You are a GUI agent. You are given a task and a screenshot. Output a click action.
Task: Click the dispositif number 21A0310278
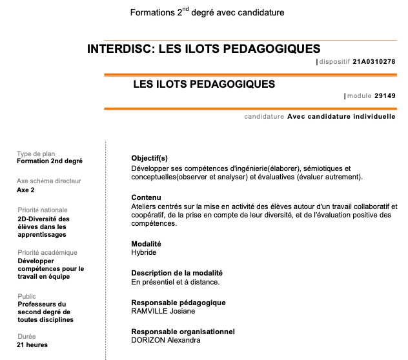(374, 62)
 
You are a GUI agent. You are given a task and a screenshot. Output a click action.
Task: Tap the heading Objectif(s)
(149, 158)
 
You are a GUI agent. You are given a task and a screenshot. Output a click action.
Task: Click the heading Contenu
(146, 197)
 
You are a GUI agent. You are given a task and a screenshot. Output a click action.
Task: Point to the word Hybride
(144, 252)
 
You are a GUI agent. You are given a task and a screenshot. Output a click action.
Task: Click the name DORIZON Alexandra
(165, 340)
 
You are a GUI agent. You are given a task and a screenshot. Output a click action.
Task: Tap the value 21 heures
(32, 345)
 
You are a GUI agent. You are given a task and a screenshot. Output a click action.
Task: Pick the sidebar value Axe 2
(26, 190)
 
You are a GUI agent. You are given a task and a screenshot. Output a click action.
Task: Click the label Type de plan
(36, 154)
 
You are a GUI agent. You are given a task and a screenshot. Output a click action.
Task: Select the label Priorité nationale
(42, 210)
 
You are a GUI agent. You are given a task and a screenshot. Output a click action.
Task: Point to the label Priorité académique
(47, 253)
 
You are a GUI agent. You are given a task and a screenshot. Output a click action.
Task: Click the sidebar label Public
(26, 296)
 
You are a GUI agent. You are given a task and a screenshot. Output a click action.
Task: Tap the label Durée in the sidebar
(26, 336)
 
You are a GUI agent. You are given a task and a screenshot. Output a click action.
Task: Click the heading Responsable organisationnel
(183, 332)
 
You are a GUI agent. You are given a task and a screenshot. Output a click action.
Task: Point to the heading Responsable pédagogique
(178, 303)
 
